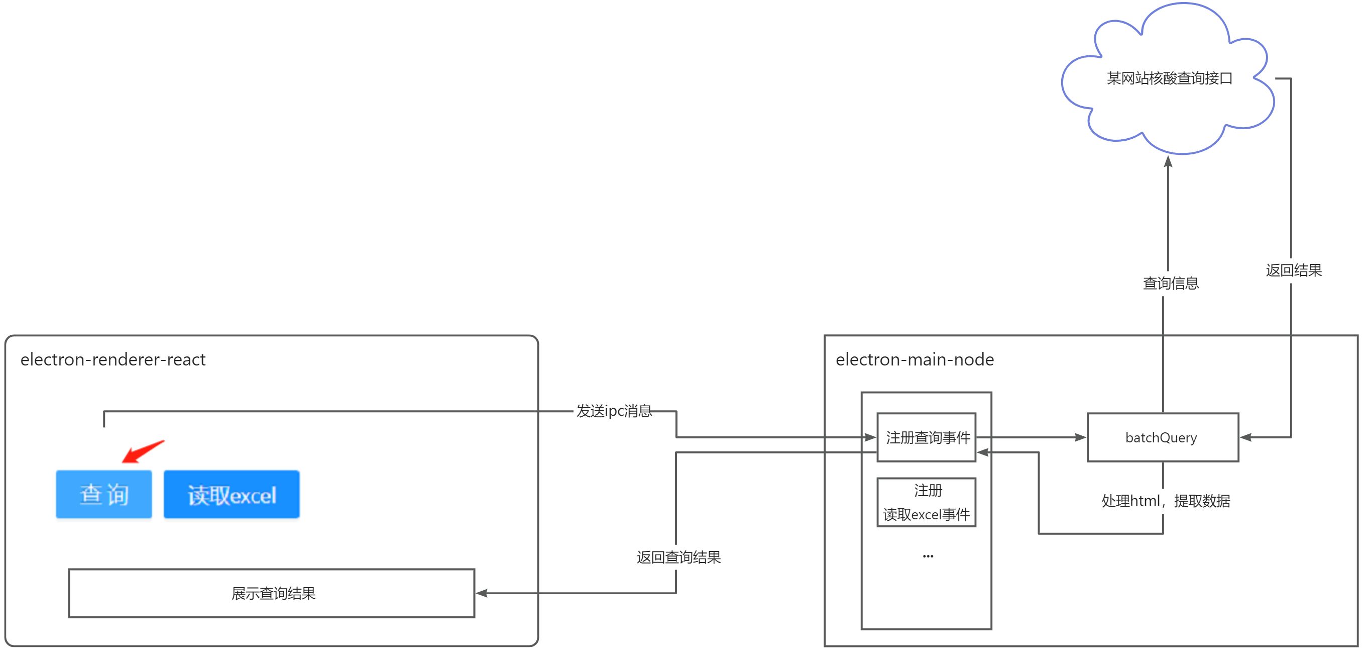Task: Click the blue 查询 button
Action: (104, 494)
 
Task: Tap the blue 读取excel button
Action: (232, 494)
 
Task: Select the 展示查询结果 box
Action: (272, 593)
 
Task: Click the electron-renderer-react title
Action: (113, 359)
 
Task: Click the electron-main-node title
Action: (915, 359)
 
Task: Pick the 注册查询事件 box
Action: (927, 437)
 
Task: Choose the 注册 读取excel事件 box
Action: (927, 502)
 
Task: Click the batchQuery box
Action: (1162, 437)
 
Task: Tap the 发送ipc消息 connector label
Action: (614, 411)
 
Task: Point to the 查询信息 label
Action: (1171, 283)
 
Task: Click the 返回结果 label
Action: (1294, 270)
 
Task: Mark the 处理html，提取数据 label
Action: (1166, 501)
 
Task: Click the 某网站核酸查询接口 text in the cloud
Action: (1170, 78)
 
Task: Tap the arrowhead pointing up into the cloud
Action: (1168, 161)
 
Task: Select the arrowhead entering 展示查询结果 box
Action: (482, 593)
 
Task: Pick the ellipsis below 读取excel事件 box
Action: (928, 556)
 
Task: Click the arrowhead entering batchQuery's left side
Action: (1080, 437)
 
